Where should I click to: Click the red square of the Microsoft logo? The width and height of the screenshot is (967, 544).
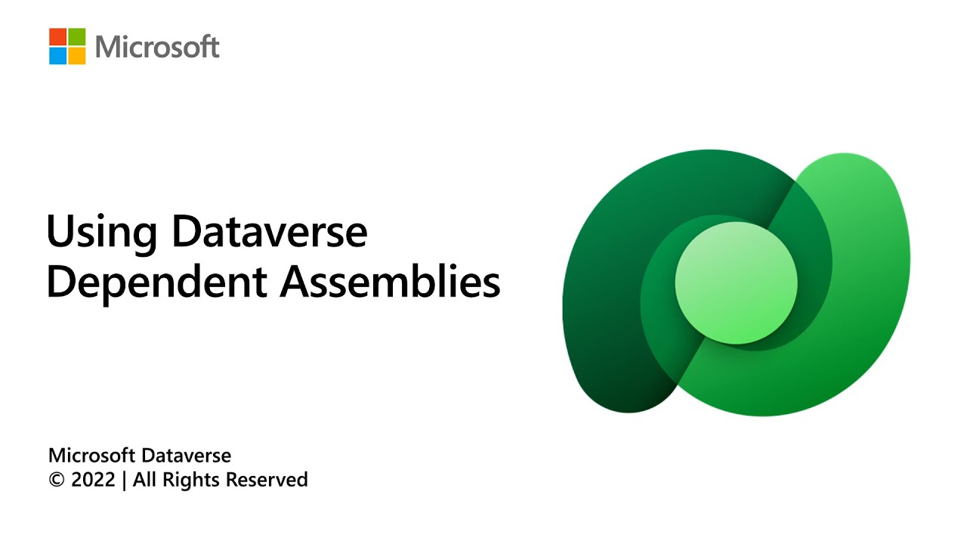point(58,37)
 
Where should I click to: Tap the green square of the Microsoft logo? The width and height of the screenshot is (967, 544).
point(77,37)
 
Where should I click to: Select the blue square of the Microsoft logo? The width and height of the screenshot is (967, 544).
point(58,56)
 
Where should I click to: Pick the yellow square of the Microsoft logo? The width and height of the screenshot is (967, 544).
point(77,56)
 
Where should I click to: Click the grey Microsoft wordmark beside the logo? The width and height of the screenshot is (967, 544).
point(157,48)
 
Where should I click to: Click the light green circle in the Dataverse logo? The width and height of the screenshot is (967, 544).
point(736,283)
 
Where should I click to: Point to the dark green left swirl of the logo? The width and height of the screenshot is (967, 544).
point(604,302)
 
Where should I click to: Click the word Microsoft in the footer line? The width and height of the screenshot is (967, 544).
point(91,456)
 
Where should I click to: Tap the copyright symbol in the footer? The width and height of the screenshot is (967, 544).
point(57,480)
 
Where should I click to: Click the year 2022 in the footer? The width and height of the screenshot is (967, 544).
point(93,480)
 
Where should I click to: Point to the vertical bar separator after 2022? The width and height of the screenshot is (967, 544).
point(125,481)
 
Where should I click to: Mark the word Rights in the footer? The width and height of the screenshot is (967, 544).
point(190,481)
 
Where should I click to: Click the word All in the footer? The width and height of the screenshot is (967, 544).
point(145,480)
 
